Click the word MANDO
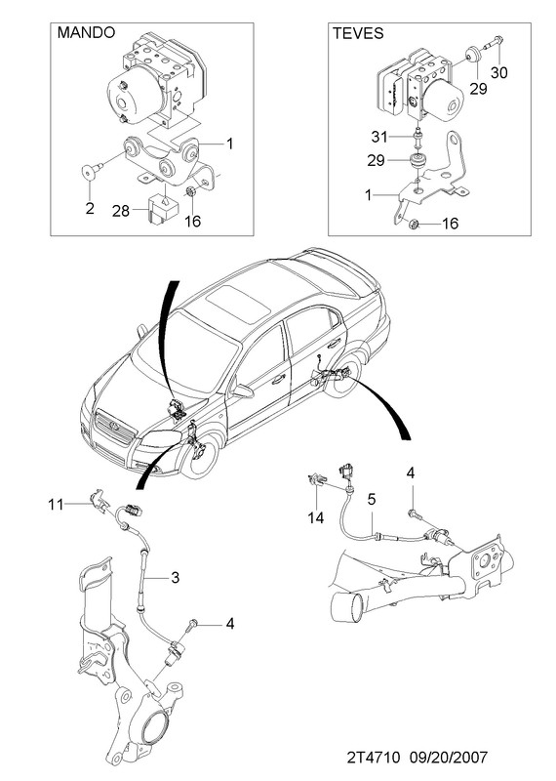click(x=86, y=32)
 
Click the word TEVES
click(x=358, y=33)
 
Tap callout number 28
click(x=120, y=211)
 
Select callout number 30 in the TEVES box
click(x=498, y=72)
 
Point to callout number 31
click(x=379, y=137)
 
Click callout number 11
click(x=57, y=505)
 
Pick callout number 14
click(x=316, y=518)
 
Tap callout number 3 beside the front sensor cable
click(x=175, y=578)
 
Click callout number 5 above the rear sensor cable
click(x=372, y=499)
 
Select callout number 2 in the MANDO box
click(x=90, y=208)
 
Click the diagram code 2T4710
click(x=374, y=758)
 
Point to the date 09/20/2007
click(x=449, y=758)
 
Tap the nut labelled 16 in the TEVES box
click(x=413, y=225)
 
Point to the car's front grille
click(x=115, y=428)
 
